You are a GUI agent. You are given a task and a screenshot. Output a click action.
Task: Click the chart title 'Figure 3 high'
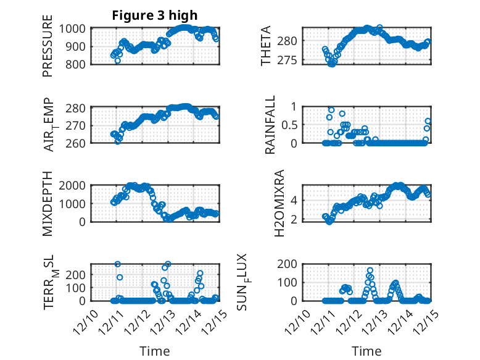[x=155, y=15]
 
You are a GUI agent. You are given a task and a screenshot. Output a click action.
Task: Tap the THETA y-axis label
[x=266, y=46]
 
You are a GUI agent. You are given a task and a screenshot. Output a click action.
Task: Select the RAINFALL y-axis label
[x=270, y=125]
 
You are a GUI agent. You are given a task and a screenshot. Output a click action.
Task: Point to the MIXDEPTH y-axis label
[x=48, y=203]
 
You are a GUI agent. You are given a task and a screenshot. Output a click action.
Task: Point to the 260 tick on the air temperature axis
[x=80, y=143]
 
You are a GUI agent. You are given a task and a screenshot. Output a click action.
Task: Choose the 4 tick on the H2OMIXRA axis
[x=295, y=200]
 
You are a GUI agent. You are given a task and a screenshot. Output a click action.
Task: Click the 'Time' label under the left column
[x=155, y=351]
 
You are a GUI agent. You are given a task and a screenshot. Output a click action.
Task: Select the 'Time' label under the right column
[x=366, y=351]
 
